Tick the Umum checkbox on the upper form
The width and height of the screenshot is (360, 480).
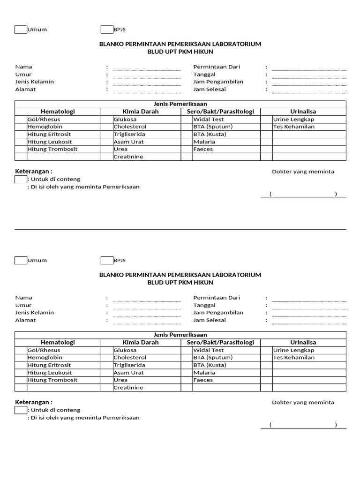[x=21, y=30]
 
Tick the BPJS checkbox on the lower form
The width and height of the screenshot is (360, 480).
[x=107, y=260]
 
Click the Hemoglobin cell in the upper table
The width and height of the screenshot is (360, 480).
[x=45, y=127]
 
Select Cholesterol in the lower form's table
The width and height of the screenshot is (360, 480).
[x=130, y=358]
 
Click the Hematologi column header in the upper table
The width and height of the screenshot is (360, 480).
[x=58, y=112]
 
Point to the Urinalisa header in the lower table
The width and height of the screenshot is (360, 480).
[x=303, y=343]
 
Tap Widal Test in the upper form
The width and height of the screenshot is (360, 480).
[x=209, y=119]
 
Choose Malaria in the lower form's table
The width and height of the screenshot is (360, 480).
[x=204, y=373]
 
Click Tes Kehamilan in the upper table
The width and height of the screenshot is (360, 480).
[x=294, y=127]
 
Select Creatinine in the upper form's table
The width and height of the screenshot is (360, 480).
[x=128, y=157]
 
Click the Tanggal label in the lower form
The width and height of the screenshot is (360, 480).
[x=204, y=305]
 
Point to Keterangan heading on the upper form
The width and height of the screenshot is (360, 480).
[x=34, y=172]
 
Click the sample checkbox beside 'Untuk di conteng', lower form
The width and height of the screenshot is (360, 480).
[x=21, y=410]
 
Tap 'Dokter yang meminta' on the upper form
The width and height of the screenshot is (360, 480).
[x=303, y=172]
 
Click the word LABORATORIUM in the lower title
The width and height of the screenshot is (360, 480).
[x=237, y=275]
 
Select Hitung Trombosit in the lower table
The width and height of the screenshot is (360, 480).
[x=52, y=380]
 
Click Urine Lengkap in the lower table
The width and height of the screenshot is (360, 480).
[x=293, y=350]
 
